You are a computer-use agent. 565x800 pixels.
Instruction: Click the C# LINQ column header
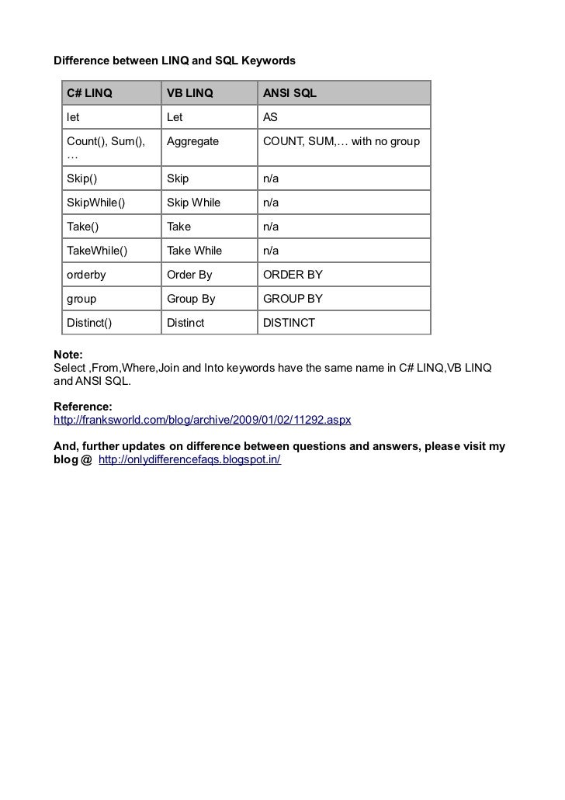click(x=89, y=94)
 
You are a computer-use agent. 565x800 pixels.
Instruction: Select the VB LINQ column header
click(x=189, y=94)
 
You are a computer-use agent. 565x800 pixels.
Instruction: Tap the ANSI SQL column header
click(x=289, y=94)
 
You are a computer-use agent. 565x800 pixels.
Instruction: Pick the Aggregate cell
click(x=192, y=142)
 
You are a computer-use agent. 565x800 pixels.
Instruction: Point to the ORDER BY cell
click(x=293, y=275)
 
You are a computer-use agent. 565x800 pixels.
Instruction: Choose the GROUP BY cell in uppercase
click(x=293, y=299)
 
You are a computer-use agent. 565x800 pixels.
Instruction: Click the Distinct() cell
click(x=89, y=323)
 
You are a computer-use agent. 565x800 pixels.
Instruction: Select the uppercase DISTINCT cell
click(x=289, y=323)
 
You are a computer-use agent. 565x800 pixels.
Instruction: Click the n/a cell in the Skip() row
click(x=271, y=178)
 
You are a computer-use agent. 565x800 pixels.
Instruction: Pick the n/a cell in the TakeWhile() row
click(x=271, y=251)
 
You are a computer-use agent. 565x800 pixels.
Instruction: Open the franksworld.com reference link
click(x=202, y=420)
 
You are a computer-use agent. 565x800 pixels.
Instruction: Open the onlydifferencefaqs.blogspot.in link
click(x=190, y=460)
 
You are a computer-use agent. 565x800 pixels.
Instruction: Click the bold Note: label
click(x=68, y=354)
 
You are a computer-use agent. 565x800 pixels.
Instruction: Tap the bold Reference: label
click(x=82, y=407)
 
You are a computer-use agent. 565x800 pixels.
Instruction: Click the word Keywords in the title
click(x=269, y=60)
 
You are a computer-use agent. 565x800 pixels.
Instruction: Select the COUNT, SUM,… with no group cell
click(x=341, y=142)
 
